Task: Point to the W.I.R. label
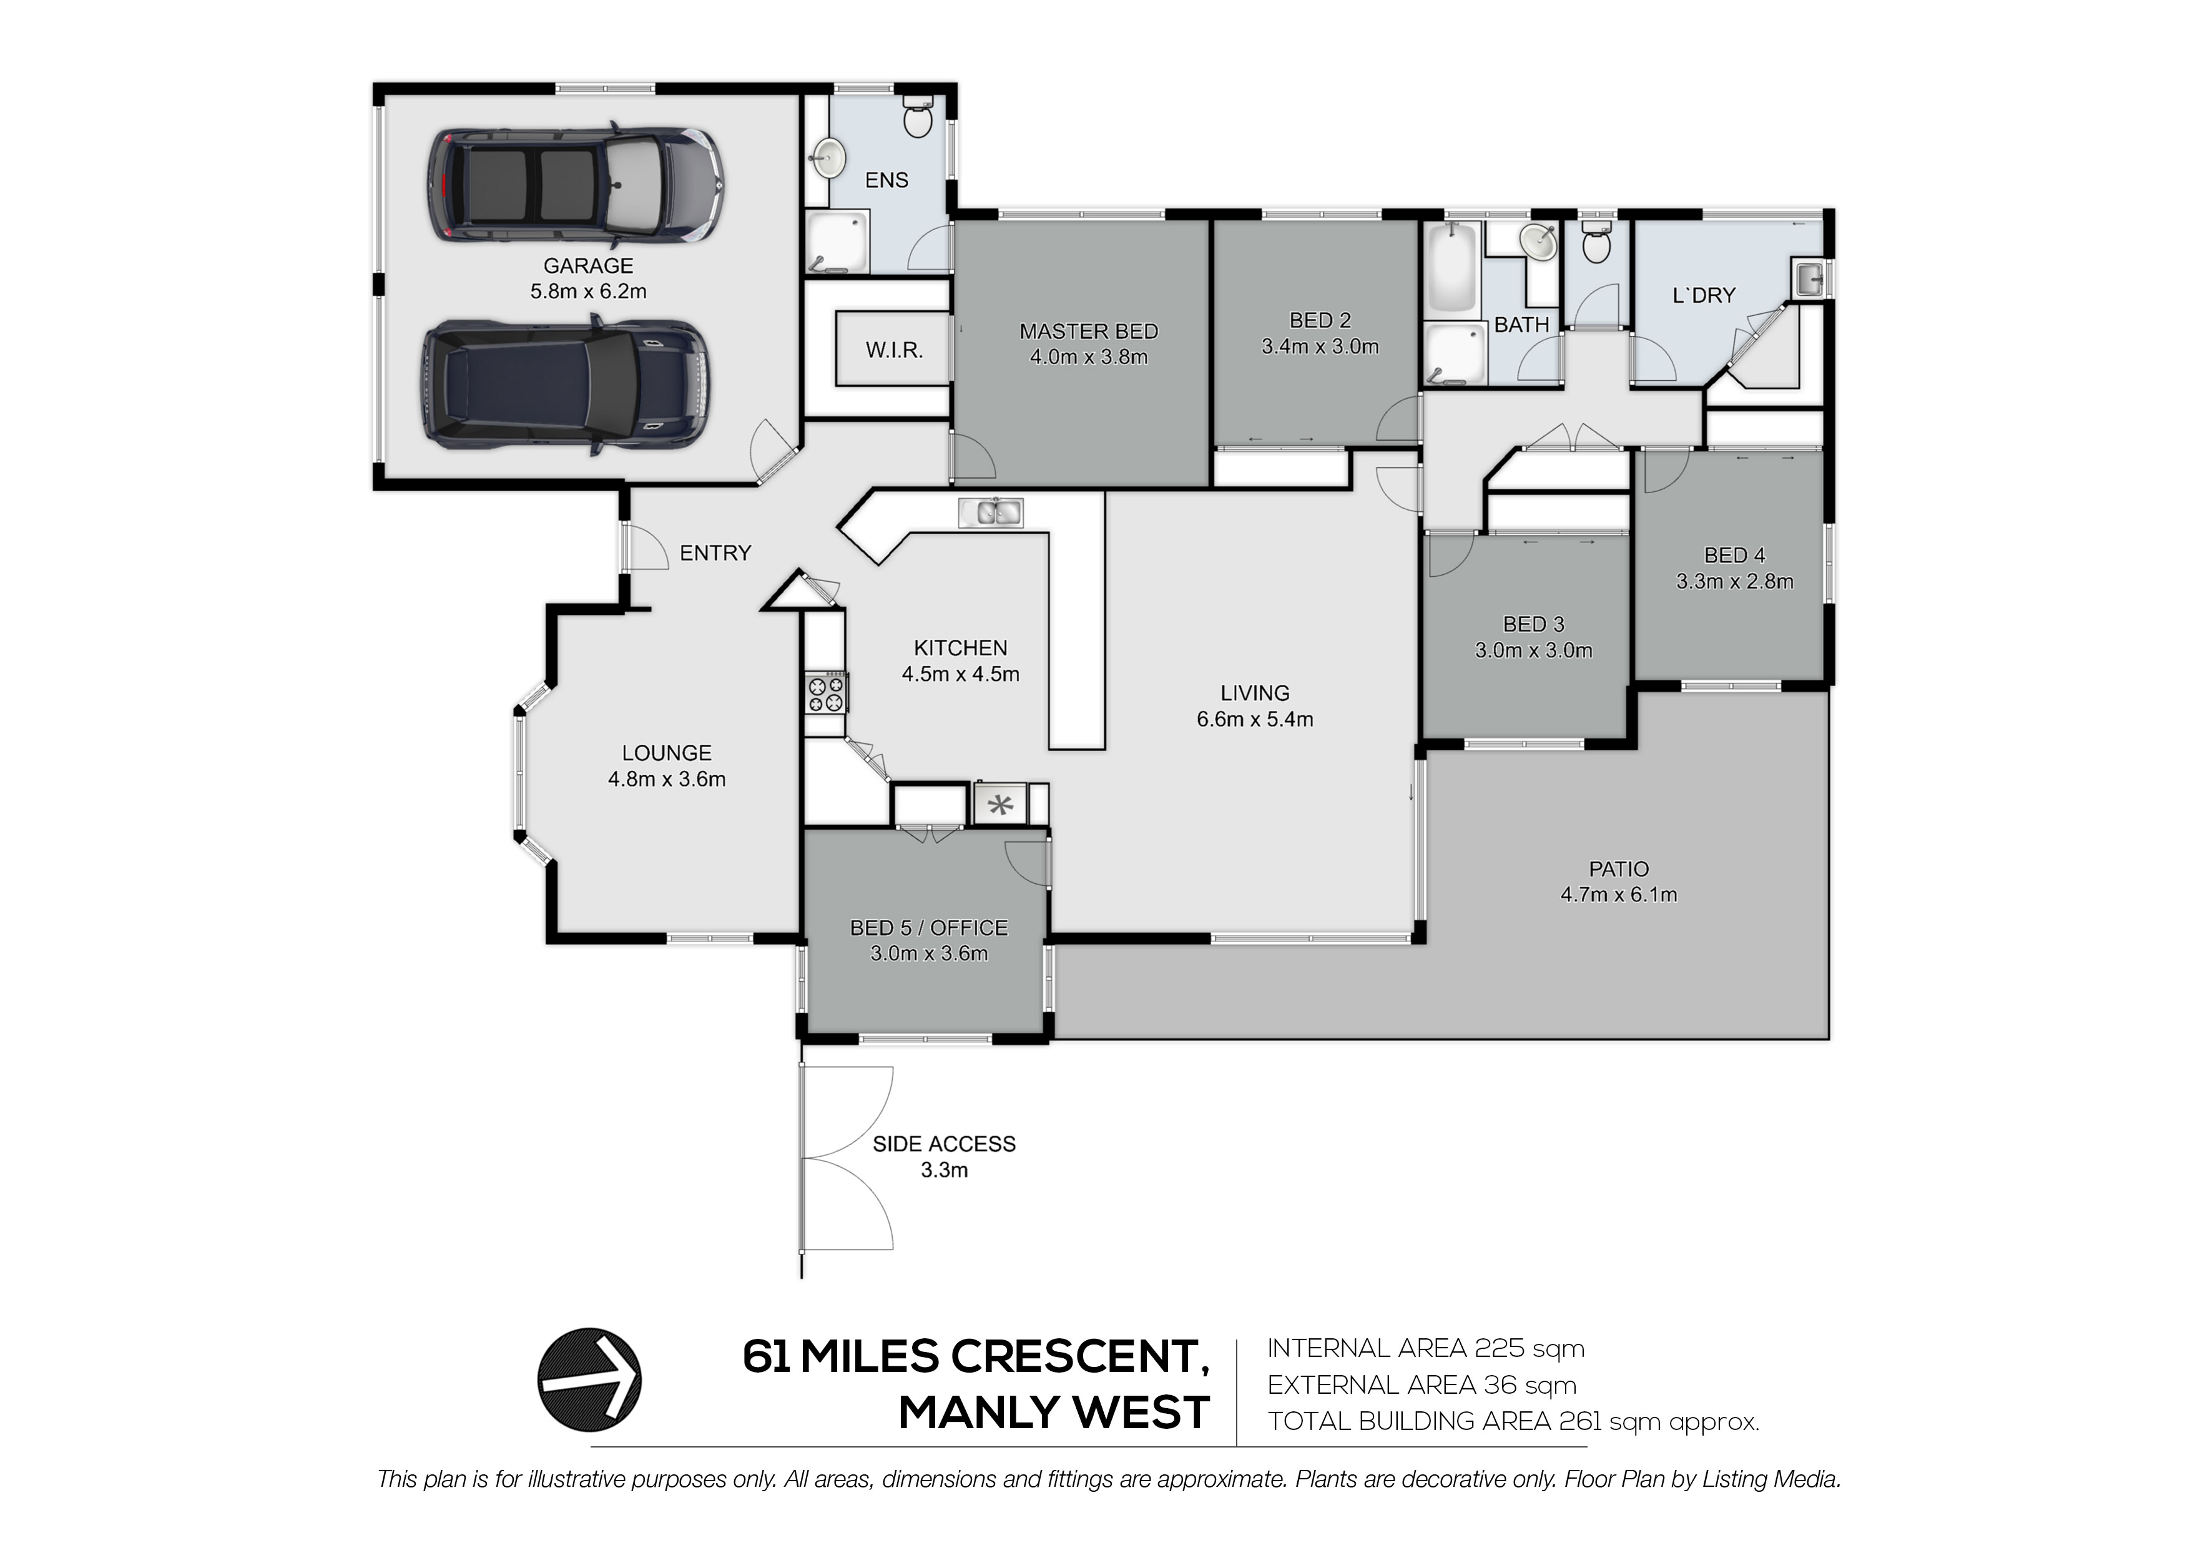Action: tap(894, 350)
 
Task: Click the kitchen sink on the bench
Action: tap(991, 512)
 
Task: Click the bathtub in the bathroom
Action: tap(1453, 267)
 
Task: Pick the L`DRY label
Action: tap(1704, 296)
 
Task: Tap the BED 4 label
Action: tap(1735, 555)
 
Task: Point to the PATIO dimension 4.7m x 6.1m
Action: tap(1619, 894)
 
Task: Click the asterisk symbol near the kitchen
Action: tap(999, 805)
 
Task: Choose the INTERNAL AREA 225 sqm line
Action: tap(1425, 1349)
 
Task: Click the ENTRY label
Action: tap(715, 553)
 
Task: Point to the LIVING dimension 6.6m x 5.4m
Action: tap(1255, 720)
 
